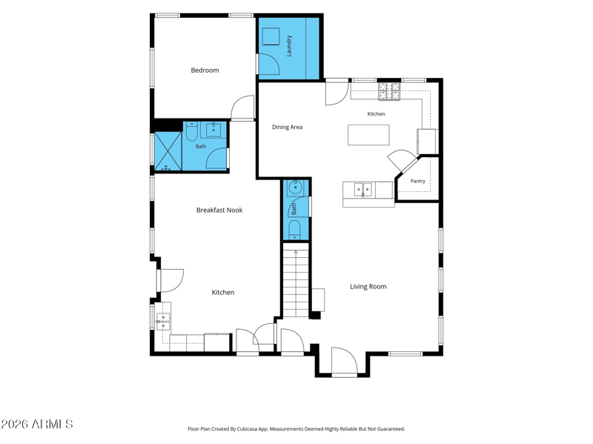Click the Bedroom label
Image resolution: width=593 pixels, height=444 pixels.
click(x=205, y=70)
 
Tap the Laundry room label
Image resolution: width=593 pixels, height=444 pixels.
click(x=289, y=46)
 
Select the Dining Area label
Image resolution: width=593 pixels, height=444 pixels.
click(x=287, y=127)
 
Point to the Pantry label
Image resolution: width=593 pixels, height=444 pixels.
click(x=418, y=181)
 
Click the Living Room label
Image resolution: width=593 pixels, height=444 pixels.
click(x=368, y=287)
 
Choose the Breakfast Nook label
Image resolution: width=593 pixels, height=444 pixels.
click(x=219, y=210)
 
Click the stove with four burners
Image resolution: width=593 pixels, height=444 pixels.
click(x=389, y=91)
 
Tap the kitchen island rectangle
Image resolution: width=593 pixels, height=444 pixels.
click(x=368, y=135)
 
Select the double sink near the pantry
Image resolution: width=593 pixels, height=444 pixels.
click(x=363, y=190)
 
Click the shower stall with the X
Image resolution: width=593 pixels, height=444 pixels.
click(x=168, y=151)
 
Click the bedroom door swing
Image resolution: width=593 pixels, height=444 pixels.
click(x=242, y=107)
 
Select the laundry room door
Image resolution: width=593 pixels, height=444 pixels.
click(x=268, y=64)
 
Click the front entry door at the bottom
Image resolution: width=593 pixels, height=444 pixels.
click(x=344, y=360)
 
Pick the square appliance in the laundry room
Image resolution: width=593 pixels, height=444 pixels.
click(x=271, y=36)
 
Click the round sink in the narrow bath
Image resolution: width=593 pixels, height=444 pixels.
click(x=295, y=187)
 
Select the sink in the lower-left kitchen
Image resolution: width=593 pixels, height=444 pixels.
click(x=163, y=322)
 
